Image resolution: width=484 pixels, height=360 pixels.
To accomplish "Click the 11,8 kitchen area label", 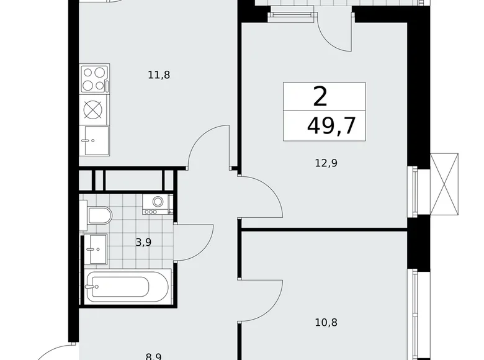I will tap(159, 75).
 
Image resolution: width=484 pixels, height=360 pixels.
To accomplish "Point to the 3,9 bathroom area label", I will tap(143, 243).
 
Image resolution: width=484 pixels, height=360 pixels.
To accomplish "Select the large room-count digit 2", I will tap(320, 97).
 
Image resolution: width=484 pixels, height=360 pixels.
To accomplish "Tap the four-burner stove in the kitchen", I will tap(94, 79).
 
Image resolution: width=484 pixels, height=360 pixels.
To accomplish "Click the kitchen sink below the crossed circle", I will tap(96, 139).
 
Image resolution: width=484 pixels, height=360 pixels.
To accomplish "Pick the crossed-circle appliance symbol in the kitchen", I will tap(93, 109).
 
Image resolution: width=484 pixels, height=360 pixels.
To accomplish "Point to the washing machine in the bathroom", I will tap(157, 203).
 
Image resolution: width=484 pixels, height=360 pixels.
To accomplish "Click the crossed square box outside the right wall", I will tap(446, 182).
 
